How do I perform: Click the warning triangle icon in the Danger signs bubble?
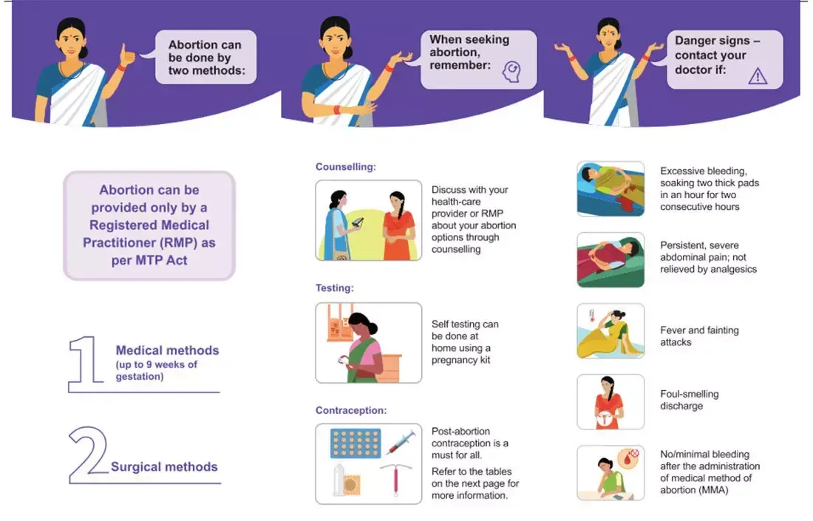[758, 76]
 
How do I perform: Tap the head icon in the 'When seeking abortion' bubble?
[511, 72]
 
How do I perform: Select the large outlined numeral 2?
[88, 455]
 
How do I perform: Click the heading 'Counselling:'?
[346, 167]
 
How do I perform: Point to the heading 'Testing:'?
[334, 288]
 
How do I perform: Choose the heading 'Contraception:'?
[351, 411]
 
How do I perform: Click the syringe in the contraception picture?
[401, 442]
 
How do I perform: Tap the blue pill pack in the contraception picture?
[356, 443]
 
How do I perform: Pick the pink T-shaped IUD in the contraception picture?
[395, 480]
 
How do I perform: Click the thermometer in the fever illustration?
[591, 316]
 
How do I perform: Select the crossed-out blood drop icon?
[628, 458]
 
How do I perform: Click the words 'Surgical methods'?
[164, 467]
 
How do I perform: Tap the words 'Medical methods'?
[167, 350]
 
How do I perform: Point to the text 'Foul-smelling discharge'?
[689, 400]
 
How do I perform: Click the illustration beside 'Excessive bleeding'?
[610, 188]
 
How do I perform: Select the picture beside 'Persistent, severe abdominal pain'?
[610, 259]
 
